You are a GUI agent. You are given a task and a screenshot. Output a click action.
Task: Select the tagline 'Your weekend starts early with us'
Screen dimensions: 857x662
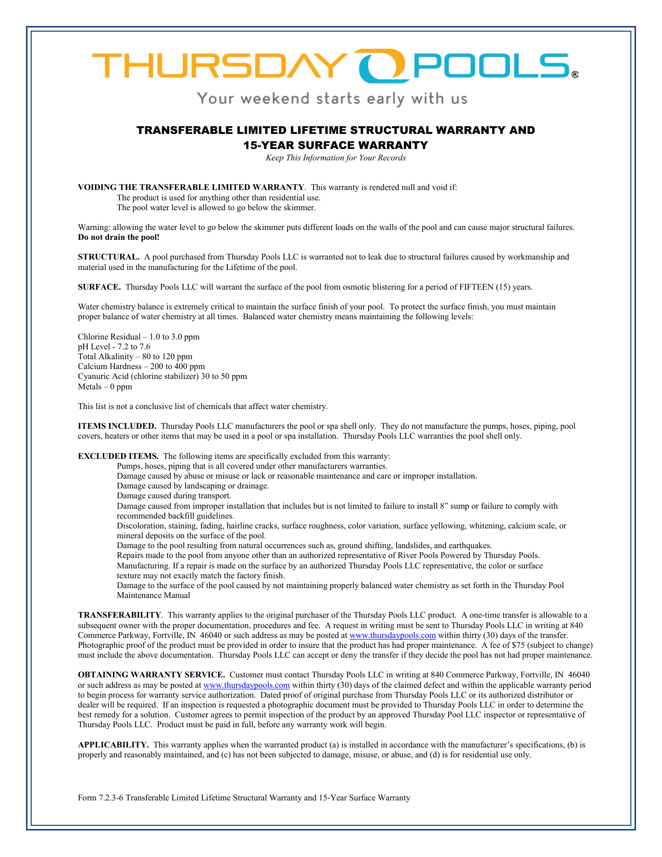point(332,99)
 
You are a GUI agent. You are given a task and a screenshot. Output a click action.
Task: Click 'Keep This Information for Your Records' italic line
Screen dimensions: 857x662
point(335,158)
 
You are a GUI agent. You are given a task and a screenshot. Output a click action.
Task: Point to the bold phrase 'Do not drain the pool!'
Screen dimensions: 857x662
point(119,237)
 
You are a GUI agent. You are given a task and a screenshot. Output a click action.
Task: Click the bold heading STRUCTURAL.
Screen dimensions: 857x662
point(109,257)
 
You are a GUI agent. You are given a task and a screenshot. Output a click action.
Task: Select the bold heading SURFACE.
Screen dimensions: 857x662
point(99,287)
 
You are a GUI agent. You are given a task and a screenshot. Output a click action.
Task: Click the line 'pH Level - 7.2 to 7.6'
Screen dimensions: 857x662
point(114,347)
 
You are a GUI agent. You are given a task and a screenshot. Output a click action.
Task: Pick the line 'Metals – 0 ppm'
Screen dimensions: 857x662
point(105,387)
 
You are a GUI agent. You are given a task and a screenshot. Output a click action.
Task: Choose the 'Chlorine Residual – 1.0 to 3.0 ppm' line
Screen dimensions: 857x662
point(139,337)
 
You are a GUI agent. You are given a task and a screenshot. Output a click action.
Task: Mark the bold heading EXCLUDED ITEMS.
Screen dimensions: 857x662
point(118,456)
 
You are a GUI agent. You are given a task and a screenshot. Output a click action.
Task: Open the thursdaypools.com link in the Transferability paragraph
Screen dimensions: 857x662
point(393,635)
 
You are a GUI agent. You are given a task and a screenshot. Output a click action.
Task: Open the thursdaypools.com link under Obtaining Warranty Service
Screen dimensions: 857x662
point(247,685)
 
